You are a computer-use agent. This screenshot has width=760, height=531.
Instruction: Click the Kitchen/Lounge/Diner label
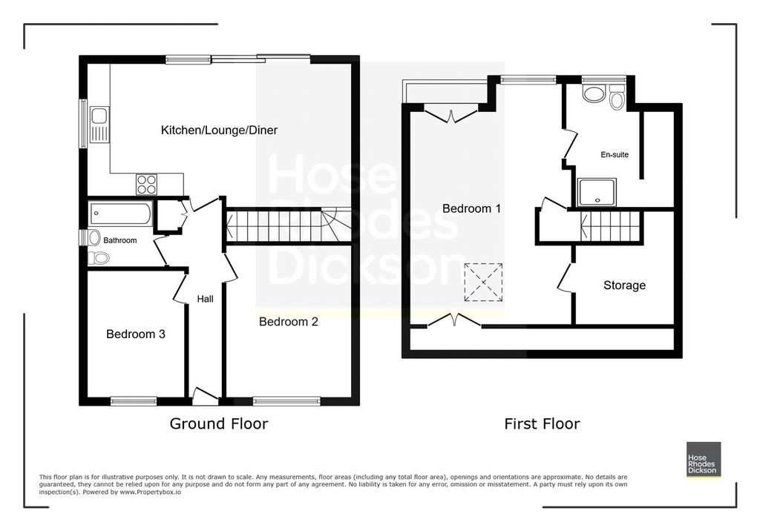click(x=219, y=130)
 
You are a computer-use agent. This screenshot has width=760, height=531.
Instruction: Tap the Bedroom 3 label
click(x=136, y=334)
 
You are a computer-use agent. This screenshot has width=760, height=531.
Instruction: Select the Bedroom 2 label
click(x=289, y=322)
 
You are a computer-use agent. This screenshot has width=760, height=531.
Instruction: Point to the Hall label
click(x=205, y=299)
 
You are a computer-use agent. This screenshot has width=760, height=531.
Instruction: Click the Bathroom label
click(x=119, y=240)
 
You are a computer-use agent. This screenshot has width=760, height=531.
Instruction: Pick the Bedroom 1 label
click(x=471, y=209)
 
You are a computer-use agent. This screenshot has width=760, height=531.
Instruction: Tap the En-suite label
click(x=615, y=154)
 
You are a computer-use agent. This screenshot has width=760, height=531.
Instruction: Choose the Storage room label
click(x=624, y=286)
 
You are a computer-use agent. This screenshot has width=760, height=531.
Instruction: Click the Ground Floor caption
click(x=219, y=424)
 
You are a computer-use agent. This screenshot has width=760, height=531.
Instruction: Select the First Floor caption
click(x=542, y=424)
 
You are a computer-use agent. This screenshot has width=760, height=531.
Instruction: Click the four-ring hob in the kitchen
click(x=146, y=184)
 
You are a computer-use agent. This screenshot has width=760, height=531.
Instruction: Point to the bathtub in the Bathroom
click(x=121, y=214)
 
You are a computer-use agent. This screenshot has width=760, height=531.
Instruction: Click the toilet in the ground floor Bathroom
click(x=99, y=258)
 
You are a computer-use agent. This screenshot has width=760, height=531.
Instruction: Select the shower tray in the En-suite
click(x=597, y=192)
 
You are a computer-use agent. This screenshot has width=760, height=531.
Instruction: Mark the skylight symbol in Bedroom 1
click(x=483, y=283)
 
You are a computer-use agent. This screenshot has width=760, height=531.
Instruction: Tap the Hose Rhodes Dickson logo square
click(x=704, y=459)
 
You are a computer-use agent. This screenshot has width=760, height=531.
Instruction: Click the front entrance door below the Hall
click(x=205, y=396)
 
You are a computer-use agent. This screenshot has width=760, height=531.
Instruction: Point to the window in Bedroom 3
click(x=134, y=400)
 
